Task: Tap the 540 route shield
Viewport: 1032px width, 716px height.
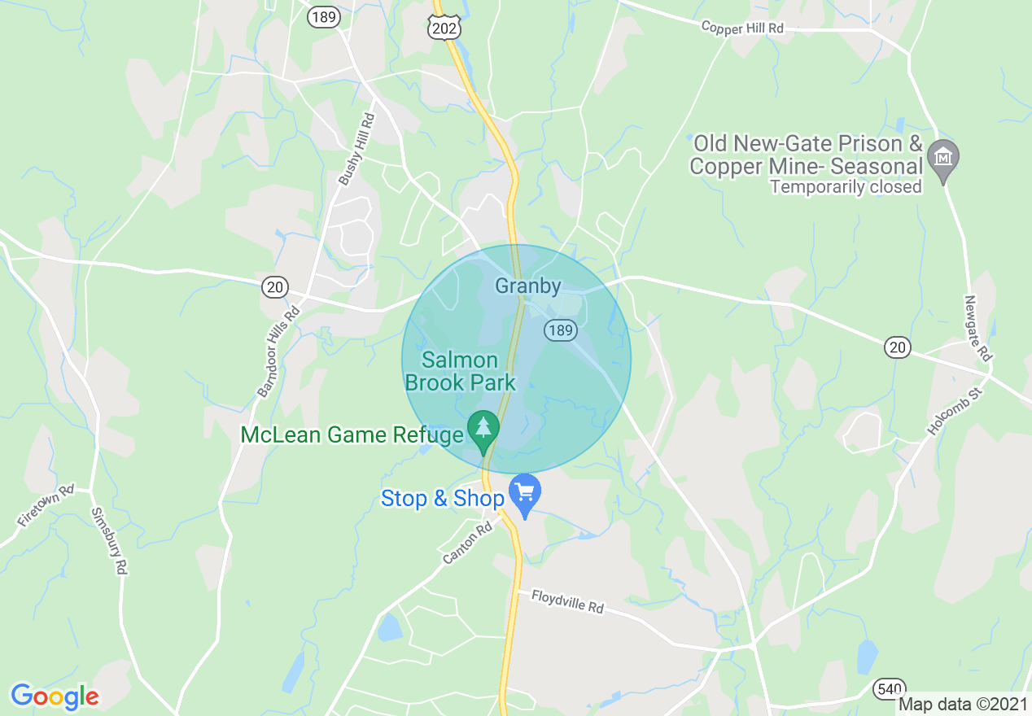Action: click(889, 689)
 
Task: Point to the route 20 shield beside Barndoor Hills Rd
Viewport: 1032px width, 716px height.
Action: click(275, 286)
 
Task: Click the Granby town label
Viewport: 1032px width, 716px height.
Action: click(528, 286)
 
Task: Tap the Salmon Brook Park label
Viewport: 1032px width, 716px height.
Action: click(461, 371)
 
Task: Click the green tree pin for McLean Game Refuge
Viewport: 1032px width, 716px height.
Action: click(484, 430)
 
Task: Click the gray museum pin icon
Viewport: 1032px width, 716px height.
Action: click(943, 158)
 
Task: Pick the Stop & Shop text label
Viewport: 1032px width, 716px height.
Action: click(443, 499)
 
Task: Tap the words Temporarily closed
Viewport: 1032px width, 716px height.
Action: click(846, 187)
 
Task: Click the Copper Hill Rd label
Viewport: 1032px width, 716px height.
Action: click(742, 28)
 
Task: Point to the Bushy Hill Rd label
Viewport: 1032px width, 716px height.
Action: click(356, 149)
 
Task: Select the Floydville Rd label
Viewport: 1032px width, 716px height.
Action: click(568, 601)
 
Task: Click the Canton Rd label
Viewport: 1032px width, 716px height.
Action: click(468, 544)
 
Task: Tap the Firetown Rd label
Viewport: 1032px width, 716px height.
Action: click(46, 506)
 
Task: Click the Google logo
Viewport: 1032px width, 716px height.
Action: click(55, 696)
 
